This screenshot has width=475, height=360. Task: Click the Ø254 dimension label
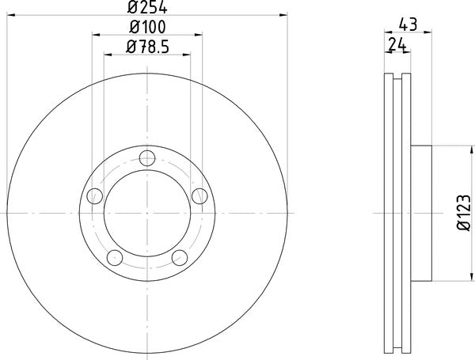point(146,9)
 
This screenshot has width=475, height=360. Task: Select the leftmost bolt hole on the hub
point(95,195)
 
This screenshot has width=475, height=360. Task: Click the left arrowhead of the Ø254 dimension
point(9,17)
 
